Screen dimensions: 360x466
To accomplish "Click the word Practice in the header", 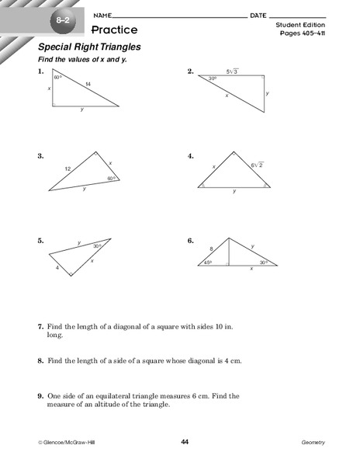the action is [x=115, y=30].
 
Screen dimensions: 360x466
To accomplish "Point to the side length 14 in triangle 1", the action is [x=88, y=83].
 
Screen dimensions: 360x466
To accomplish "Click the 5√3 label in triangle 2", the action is [x=233, y=71].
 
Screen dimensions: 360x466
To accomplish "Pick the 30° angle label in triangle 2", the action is [x=213, y=79].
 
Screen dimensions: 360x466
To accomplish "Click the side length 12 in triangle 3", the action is [x=68, y=168].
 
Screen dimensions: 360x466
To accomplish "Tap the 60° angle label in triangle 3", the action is [x=111, y=178].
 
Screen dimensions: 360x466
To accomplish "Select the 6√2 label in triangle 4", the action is [x=256, y=165].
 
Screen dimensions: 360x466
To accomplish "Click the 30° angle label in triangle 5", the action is [x=97, y=246].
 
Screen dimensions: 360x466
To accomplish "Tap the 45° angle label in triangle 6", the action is [x=208, y=263].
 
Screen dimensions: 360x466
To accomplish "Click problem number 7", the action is [x=40, y=329].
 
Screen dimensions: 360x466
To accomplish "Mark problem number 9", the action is [x=40, y=396].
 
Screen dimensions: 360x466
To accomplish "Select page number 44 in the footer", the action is [x=185, y=442].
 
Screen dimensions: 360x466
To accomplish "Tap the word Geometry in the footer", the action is [x=313, y=443].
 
